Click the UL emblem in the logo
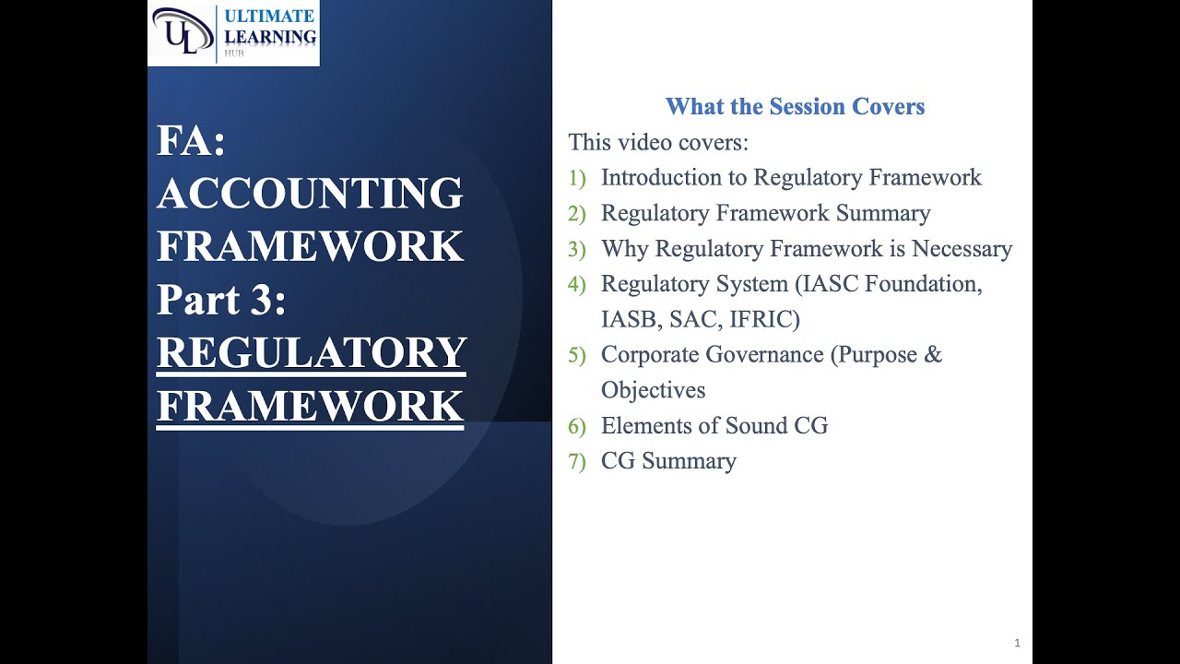182,32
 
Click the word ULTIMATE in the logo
269,16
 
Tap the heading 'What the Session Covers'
795,107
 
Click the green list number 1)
577,178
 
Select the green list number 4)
577,284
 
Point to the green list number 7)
577,461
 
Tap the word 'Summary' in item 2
883,213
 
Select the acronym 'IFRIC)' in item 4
767,319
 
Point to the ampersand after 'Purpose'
932,355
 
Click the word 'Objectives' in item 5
653,390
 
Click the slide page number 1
1017,643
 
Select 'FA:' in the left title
191,141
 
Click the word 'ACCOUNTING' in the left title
310,194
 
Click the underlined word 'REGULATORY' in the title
312,353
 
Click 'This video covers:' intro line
658,143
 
